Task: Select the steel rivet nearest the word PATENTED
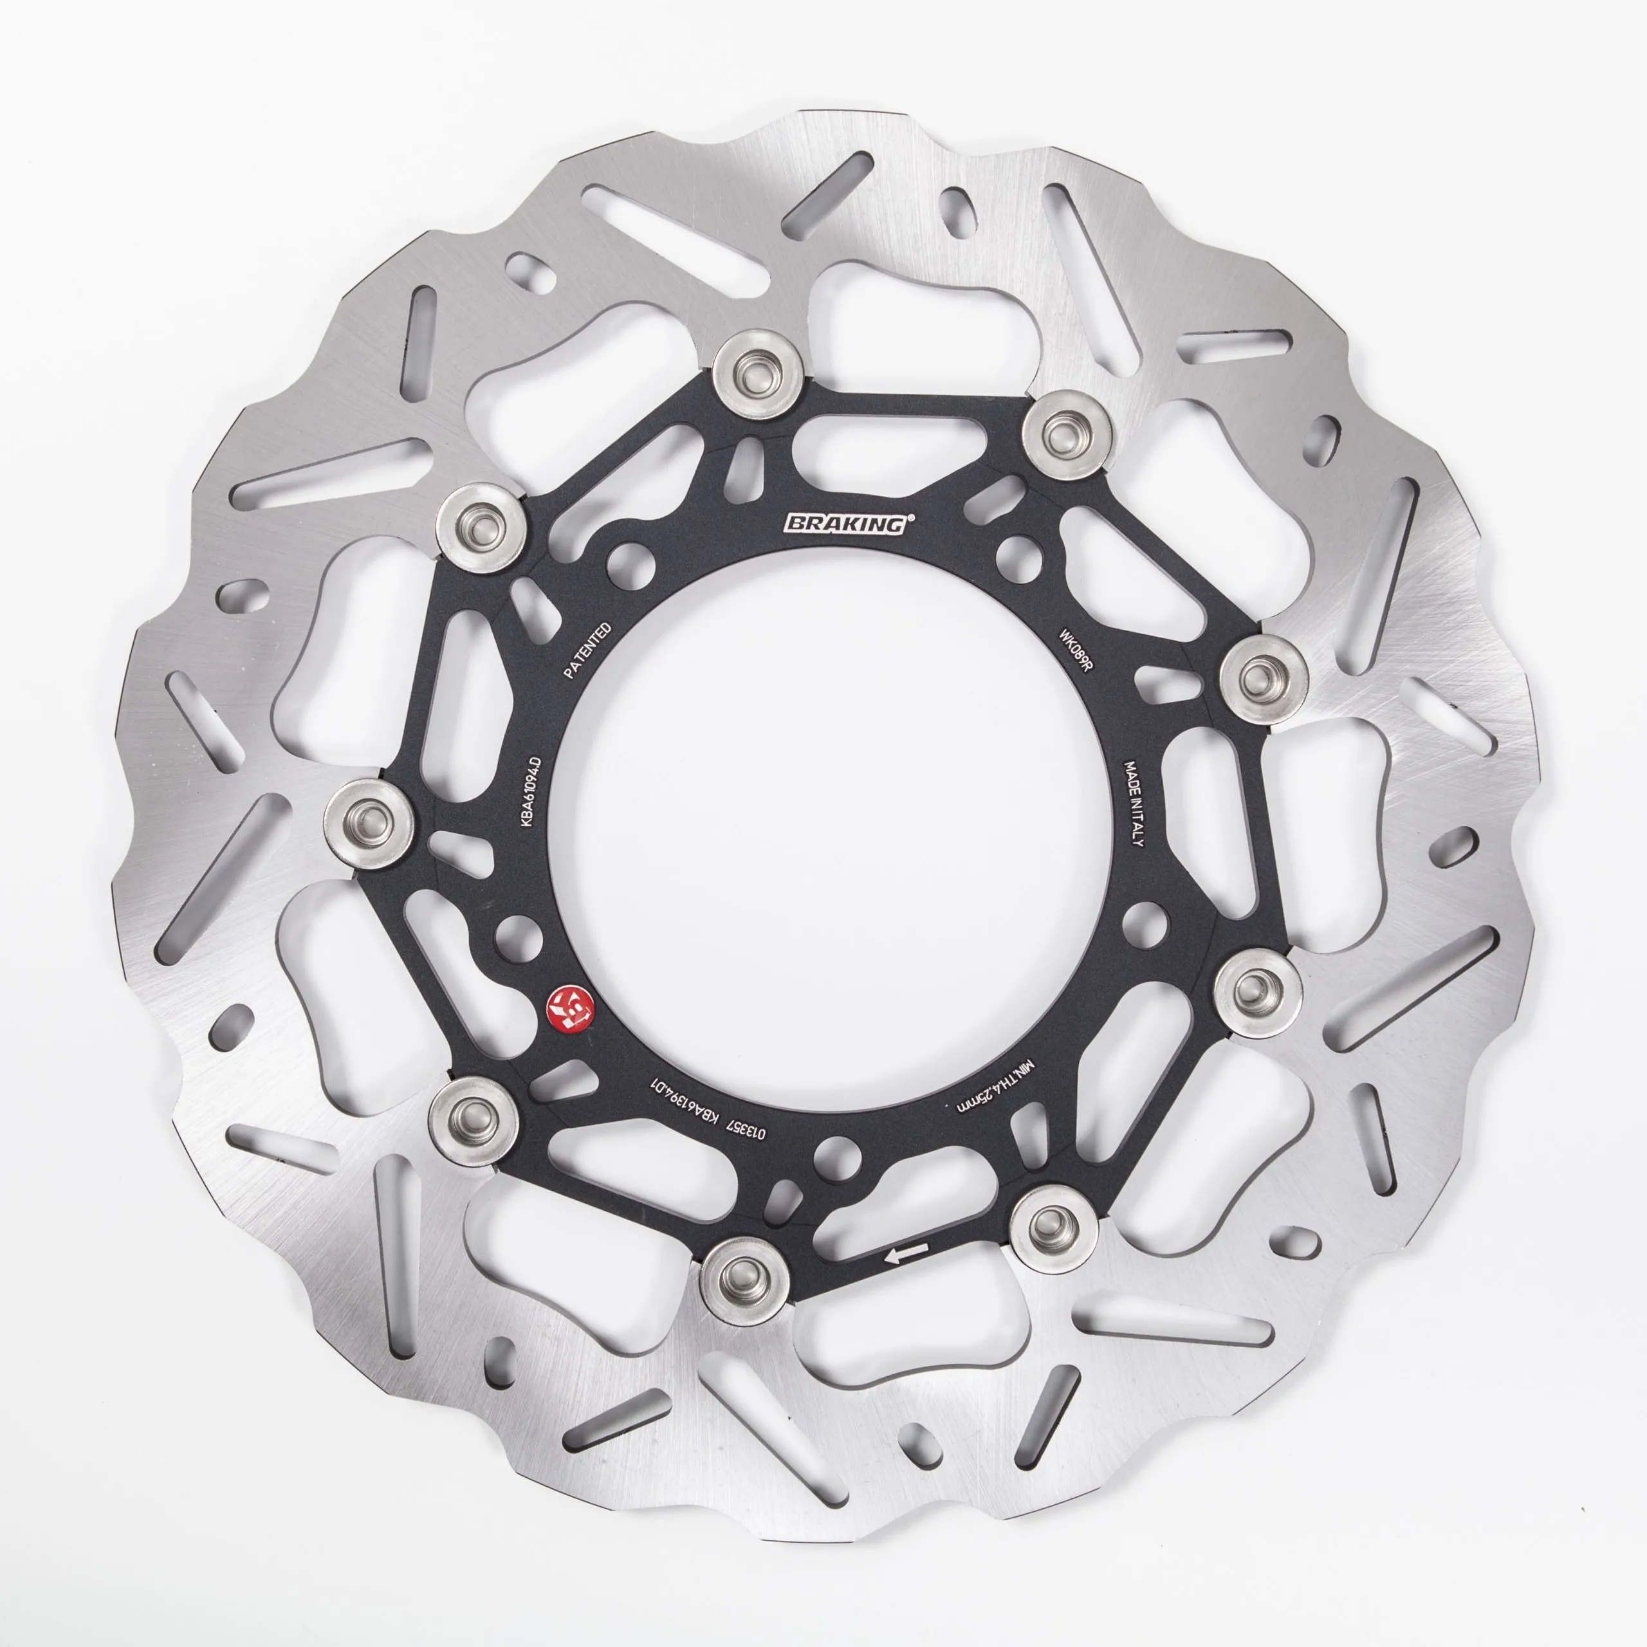click(x=480, y=526)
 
